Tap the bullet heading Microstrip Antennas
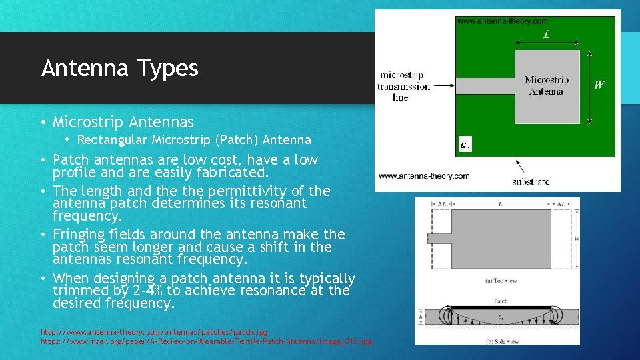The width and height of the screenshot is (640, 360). [123, 122]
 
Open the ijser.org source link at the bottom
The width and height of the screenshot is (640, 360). [206, 341]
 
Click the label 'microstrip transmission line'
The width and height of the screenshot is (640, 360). [403, 87]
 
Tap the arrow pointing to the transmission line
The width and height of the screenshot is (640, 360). [443, 87]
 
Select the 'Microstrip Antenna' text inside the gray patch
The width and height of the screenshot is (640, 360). [547, 85]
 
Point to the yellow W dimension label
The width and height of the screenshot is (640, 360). [600, 85]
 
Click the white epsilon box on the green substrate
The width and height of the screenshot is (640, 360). [465, 144]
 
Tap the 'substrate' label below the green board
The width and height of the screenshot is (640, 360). [531, 181]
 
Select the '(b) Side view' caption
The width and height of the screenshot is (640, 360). [500, 341]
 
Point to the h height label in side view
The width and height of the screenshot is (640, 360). [421, 316]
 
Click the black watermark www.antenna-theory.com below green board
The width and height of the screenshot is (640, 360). [424, 176]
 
